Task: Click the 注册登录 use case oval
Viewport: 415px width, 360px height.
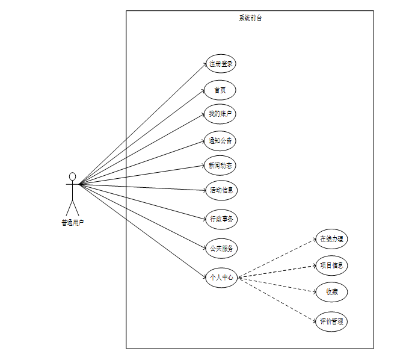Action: click(221, 63)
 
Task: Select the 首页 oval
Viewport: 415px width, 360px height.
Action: click(220, 90)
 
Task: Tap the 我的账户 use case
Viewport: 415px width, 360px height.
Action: click(220, 114)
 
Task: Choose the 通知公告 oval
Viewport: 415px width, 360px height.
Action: click(220, 141)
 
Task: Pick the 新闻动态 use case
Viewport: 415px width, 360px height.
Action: click(220, 166)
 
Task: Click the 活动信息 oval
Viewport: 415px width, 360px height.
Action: click(221, 191)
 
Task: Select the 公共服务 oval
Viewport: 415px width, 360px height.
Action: click(221, 247)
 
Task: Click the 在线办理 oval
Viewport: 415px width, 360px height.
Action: click(331, 238)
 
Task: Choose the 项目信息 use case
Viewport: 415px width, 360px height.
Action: click(332, 265)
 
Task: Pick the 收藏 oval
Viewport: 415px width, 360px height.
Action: click(332, 292)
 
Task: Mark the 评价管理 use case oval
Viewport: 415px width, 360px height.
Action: click(331, 321)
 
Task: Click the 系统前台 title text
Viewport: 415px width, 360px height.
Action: click(250, 18)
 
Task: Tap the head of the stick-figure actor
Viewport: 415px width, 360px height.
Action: click(72, 176)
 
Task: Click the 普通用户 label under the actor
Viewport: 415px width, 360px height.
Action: click(72, 223)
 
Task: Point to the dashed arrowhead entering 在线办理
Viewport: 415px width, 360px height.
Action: click(315, 240)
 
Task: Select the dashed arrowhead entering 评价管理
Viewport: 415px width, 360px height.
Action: click(315, 319)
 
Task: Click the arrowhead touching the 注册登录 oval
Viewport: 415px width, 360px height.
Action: click(205, 64)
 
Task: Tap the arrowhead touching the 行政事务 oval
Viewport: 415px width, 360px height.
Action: click(204, 217)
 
